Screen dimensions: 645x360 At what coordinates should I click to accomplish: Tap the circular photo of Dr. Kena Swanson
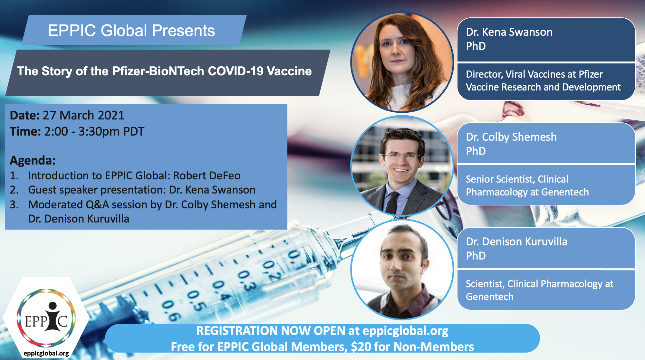click(402, 62)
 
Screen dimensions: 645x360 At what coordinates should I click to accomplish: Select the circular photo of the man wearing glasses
click(402, 166)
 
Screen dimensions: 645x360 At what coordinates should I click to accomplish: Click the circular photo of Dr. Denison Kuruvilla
click(402, 270)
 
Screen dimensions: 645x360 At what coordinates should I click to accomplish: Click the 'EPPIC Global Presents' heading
click(131, 31)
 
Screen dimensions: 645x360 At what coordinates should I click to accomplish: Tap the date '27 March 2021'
click(83, 115)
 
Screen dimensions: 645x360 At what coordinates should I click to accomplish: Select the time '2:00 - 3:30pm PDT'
click(94, 131)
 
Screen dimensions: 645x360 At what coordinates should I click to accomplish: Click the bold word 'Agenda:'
click(33, 160)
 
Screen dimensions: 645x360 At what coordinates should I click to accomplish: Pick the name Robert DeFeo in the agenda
click(207, 175)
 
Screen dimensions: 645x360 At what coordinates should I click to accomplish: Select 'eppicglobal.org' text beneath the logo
click(46, 353)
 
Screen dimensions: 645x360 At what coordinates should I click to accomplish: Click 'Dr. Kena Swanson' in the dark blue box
click(509, 32)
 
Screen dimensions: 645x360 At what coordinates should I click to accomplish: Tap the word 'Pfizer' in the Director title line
click(591, 74)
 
